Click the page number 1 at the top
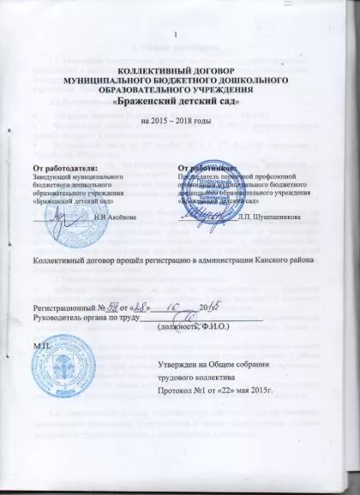pyautogui.click(x=176, y=33)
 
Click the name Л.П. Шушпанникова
pyautogui.click(x=272, y=218)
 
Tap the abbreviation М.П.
pyautogui.click(x=40, y=343)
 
